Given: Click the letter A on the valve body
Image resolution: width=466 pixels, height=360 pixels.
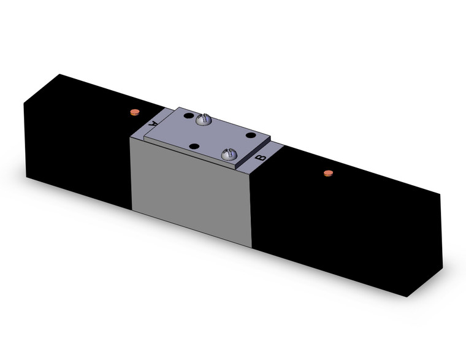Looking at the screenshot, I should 153,123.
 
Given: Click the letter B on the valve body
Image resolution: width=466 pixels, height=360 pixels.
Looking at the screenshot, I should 260,158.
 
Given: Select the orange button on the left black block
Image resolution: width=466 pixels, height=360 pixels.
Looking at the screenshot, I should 134,112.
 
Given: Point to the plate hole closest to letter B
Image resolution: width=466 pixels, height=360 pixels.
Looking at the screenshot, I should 250,135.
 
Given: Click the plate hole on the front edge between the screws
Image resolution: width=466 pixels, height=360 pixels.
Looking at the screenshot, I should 194,146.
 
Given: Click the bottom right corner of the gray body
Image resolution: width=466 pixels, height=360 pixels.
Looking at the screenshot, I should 251,247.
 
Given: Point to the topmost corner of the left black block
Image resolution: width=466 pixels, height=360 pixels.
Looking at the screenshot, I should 59,74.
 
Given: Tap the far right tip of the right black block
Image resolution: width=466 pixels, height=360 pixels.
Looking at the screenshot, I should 441,195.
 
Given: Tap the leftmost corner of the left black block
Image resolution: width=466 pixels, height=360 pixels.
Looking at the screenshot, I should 24,104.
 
